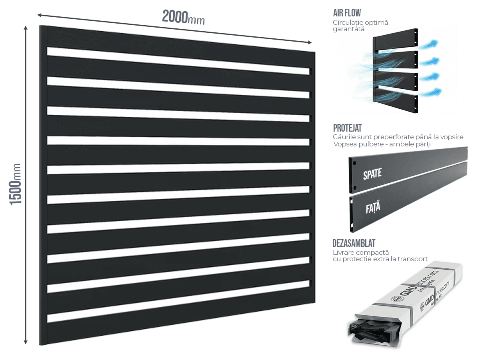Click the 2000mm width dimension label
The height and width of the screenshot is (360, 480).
184,18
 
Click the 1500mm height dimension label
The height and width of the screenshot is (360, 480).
16,184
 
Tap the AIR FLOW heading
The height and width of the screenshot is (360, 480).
347,13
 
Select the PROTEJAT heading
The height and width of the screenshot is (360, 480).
347,128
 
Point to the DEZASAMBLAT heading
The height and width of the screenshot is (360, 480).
354,243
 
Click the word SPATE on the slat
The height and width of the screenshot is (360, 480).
372,174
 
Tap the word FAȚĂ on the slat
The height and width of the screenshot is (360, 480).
373,207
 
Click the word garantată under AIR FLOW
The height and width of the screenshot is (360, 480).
348,29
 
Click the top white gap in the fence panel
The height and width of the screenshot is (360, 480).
178,61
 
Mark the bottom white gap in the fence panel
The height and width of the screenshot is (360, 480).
178,302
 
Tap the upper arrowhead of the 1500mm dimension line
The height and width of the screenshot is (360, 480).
26,28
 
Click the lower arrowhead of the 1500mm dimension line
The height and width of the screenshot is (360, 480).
26,342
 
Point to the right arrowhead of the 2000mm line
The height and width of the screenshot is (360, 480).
310,42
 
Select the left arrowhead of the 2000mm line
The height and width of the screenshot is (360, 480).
40,15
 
